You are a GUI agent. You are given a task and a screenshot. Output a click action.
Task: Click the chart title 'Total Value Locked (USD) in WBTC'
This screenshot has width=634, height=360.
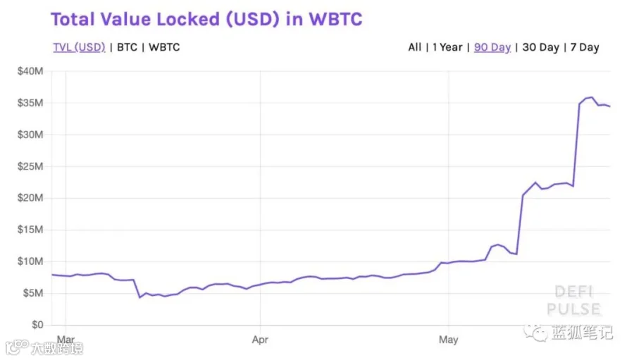point(206,20)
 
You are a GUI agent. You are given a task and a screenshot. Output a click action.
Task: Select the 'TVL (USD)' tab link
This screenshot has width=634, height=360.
point(79,47)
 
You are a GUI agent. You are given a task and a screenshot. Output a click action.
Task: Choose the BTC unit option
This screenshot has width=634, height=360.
point(127,47)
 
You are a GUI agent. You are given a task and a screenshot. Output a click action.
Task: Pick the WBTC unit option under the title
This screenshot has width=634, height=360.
point(164,47)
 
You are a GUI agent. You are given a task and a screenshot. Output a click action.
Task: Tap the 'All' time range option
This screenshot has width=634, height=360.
point(414,47)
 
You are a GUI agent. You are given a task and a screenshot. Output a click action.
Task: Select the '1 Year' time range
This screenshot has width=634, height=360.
point(447,47)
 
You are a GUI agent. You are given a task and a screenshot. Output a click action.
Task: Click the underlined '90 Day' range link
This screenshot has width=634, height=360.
point(492,48)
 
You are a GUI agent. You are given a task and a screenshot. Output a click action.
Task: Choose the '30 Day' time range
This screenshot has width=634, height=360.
point(540,48)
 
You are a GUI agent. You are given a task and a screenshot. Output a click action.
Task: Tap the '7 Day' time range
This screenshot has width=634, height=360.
point(585,48)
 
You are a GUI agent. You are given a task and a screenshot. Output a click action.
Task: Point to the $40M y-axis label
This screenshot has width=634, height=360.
point(30,71)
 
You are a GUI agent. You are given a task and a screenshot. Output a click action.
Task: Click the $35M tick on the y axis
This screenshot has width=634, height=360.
point(30,103)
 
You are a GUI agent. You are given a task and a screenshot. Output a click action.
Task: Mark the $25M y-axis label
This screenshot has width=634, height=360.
point(30,166)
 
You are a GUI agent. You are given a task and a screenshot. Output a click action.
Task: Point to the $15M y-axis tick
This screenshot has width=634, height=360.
point(30,230)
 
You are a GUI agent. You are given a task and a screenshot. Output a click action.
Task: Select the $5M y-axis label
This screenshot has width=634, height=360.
point(32,293)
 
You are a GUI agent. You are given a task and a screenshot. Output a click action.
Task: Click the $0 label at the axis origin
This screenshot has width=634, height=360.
point(37,325)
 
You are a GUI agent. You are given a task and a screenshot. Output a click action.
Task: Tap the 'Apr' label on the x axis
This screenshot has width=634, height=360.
point(260,340)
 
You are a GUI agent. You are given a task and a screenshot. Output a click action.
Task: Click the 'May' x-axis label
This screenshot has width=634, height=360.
point(449,340)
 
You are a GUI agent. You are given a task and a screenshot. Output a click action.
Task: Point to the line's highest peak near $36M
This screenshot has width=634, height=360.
point(592,97)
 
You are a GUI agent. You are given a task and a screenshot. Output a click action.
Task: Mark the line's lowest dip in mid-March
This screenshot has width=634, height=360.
point(140,297)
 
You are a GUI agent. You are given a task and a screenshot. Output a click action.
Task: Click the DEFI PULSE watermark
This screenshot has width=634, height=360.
point(573,300)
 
